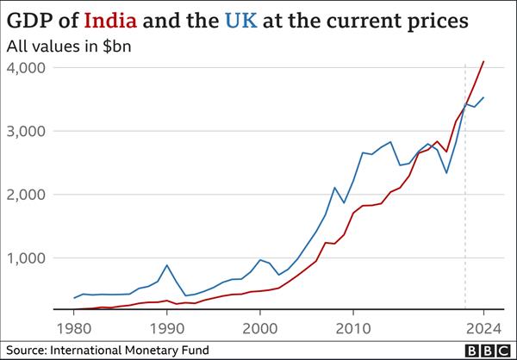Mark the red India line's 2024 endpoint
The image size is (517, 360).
[x=483, y=61]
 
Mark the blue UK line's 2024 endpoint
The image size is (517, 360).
[x=483, y=97]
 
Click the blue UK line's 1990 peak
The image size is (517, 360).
[x=167, y=265]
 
